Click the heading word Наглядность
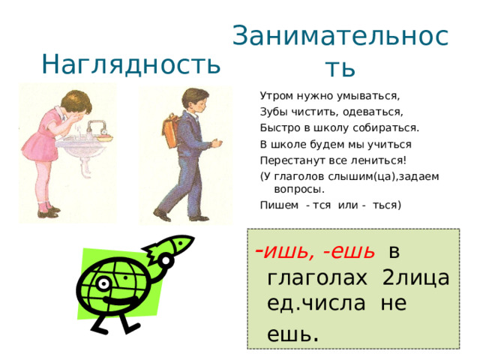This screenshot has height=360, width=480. (131, 64)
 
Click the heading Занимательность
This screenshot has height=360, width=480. (340, 49)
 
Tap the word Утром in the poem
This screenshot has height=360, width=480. (274, 96)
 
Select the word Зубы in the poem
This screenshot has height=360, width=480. (273, 112)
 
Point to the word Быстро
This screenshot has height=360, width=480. (277, 127)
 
